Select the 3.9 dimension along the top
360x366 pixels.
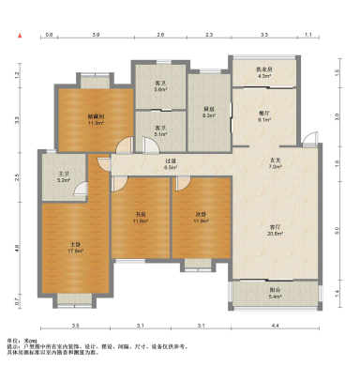click(x=96, y=34)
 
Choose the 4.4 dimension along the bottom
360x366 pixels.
click(x=276, y=325)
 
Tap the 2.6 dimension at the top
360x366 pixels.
click(x=160, y=34)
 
